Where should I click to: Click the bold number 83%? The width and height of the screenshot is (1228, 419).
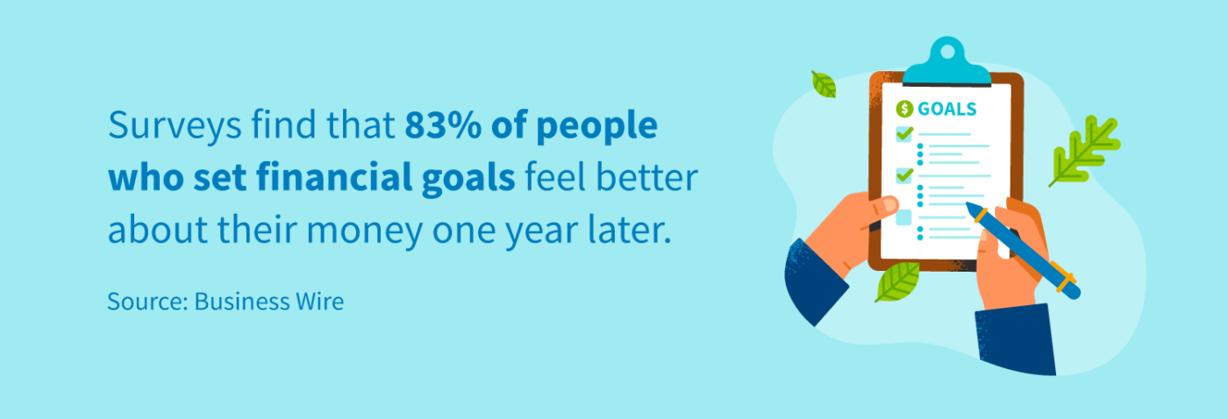click(x=443, y=124)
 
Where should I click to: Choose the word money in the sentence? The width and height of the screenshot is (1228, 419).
click(x=365, y=231)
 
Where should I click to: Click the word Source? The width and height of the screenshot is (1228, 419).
click(x=147, y=302)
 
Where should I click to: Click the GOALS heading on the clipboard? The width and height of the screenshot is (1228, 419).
click(x=946, y=109)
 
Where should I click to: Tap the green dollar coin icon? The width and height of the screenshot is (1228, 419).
click(x=904, y=109)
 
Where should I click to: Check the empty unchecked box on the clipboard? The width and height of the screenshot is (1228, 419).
click(x=903, y=217)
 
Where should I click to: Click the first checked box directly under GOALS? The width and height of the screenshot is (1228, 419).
click(x=904, y=133)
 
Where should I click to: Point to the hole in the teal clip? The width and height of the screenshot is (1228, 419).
click(x=946, y=52)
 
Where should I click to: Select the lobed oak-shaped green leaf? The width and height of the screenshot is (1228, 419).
click(x=1085, y=150)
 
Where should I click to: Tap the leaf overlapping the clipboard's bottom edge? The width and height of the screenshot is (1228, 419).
click(x=897, y=281)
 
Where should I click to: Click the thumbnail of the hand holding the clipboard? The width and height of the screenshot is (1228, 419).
click(x=889, y=205)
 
